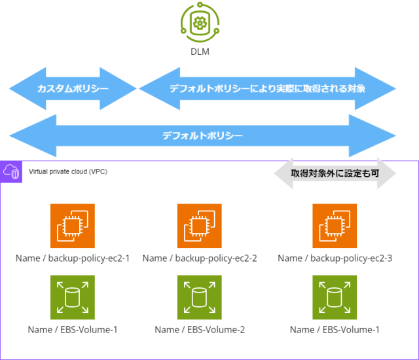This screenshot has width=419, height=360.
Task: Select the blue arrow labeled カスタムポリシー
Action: (73, 88)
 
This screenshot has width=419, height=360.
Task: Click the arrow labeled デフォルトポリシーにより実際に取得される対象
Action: (267, 88)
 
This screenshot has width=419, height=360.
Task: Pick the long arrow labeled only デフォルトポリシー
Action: (202, 135)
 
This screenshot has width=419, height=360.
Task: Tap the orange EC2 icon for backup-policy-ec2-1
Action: (73, 226)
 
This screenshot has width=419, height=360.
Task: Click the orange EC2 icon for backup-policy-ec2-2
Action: (200, 226)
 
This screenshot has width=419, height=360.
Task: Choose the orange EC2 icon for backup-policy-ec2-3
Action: (335, 226)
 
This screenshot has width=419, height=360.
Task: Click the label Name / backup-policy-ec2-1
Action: (73, 258)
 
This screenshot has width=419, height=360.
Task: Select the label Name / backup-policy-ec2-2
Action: (200, 258)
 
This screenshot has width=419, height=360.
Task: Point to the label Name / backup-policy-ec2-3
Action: (335, 258)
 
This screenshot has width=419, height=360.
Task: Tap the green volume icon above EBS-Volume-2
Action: (200, 297)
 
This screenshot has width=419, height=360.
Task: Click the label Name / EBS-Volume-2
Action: (200, 329)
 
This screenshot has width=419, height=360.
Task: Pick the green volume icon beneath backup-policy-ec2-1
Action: (73, 297)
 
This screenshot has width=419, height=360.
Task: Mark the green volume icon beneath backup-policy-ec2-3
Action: (335, 297)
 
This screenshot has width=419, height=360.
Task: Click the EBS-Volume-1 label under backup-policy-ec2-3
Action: (335, 329)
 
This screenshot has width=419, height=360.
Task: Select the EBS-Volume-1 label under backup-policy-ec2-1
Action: (73, 329)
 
